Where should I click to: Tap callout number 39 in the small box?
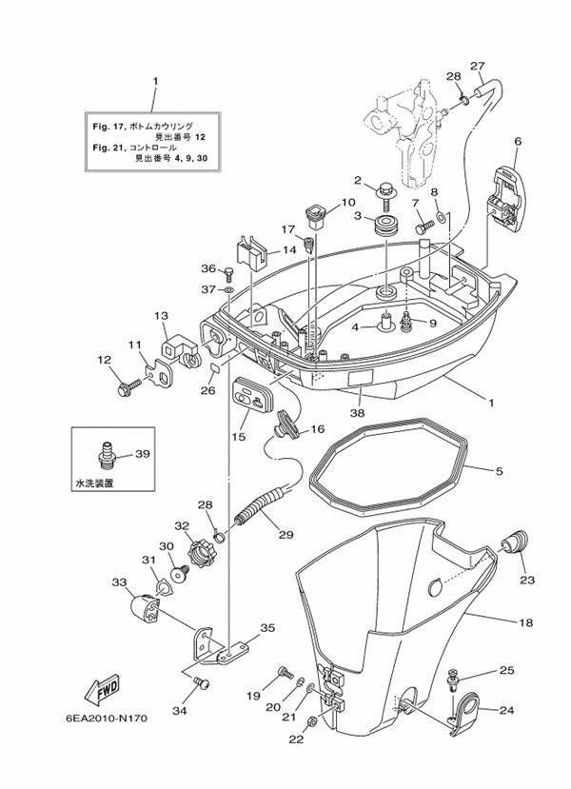[142, 454]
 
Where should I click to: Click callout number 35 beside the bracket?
[267, 627]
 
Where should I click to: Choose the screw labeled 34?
[200, 681]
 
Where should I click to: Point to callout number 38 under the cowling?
[357, 414]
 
